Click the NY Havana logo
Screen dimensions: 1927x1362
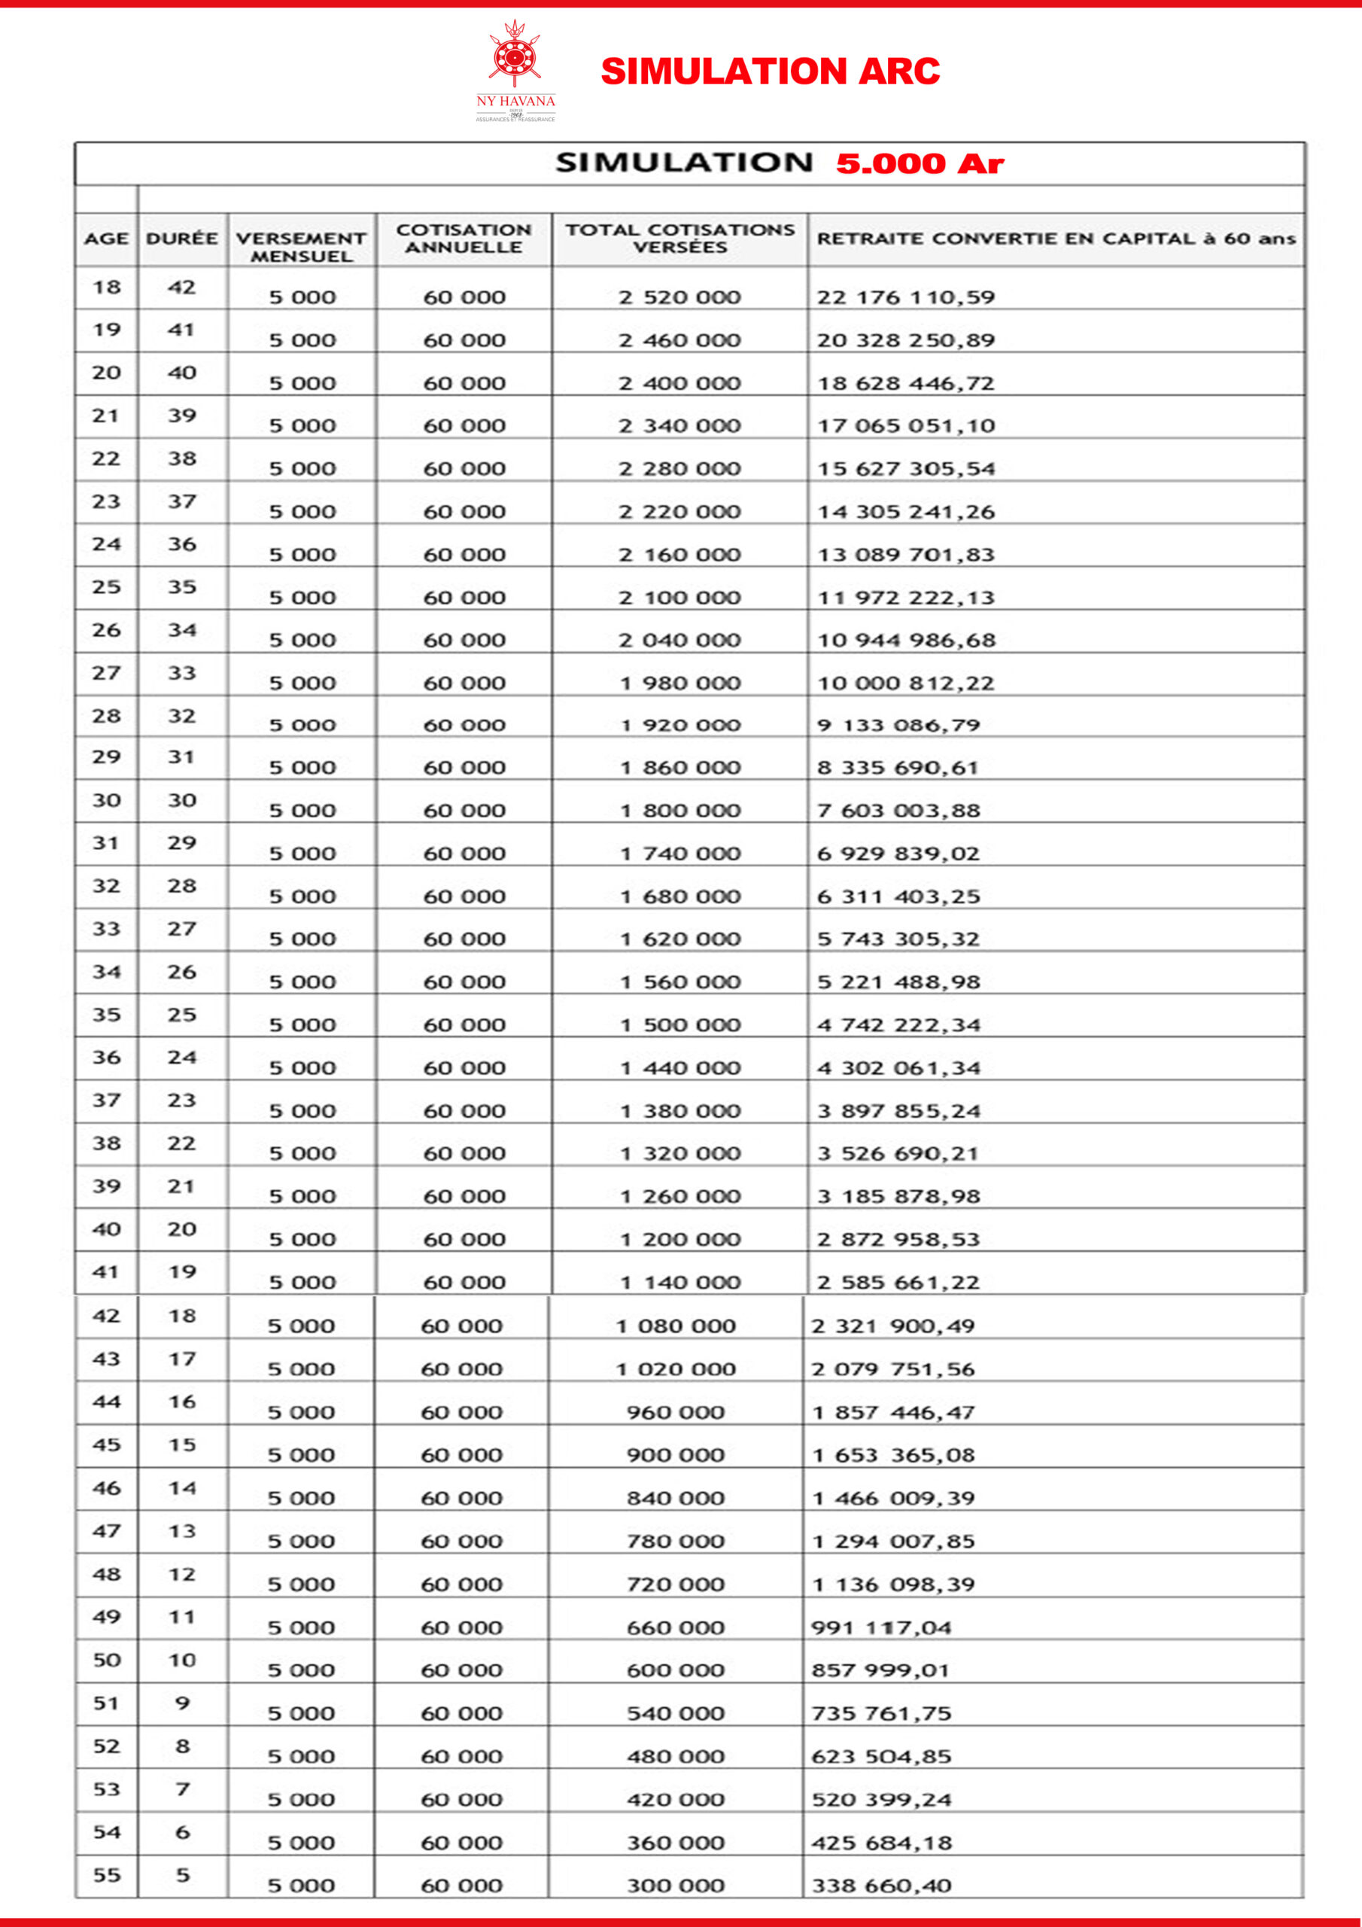click(x=515, y=72)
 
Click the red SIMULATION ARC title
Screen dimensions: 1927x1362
click(x=770, y=72)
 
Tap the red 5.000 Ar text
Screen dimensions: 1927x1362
click(x=920, y=163)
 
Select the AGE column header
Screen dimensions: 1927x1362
click(x=107, y=239)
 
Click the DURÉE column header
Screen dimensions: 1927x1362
click(x=182, y=239)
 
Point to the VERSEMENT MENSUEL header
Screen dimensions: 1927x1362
click(x=301, y=247)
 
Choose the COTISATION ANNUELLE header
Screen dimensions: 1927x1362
click(x=464, y=239)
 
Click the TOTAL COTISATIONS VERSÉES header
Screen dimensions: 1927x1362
click(x=679, y=239)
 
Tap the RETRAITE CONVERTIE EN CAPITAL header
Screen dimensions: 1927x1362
click(x=1056, y=239)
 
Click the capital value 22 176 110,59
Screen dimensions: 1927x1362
click(x=906, y=297)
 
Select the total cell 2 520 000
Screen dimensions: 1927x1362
click(x=679, y=297)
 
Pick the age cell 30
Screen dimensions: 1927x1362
click(x=107, y=801)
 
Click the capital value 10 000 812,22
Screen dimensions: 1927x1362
click(x=906, y=683)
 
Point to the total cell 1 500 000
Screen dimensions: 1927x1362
click(x=679, y=1024)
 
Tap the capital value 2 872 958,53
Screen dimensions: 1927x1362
click(x=898, y=1240)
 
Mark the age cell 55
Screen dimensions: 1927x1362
click(x=107, y=1875)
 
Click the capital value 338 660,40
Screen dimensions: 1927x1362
click(x=881, y=1886)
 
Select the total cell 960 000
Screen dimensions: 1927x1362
click(x=676, y=1413)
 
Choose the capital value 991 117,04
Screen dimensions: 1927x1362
click(x=881, y=1627)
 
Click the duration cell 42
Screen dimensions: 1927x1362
click(x=182, y=288)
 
